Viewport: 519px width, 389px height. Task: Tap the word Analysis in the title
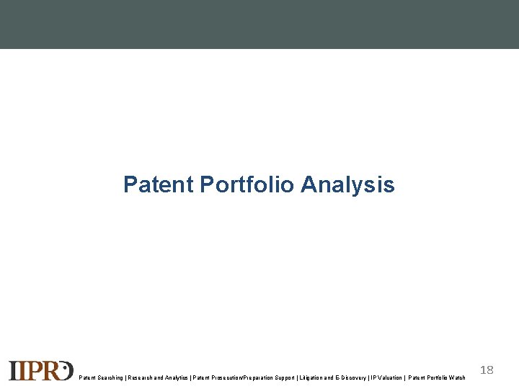tap(347, 185)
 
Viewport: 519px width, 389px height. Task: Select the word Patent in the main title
tap(159, 184)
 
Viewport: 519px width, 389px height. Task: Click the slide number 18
tap(487, 370)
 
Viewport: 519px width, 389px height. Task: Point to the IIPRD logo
tap(40, 370)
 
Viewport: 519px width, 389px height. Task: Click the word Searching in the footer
tap(108, 377)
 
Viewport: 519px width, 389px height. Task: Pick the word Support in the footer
tap(283, 377)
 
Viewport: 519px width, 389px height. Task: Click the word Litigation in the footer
tap(311, 377)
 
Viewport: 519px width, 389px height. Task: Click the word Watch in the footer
tap(456, 377)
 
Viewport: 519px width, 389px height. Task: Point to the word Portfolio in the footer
tap(435, 377)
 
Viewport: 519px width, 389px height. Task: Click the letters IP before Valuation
tap(373, 377)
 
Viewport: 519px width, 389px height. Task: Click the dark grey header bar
tap(259, 24)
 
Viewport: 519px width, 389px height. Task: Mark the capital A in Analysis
tap(309, 184)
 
